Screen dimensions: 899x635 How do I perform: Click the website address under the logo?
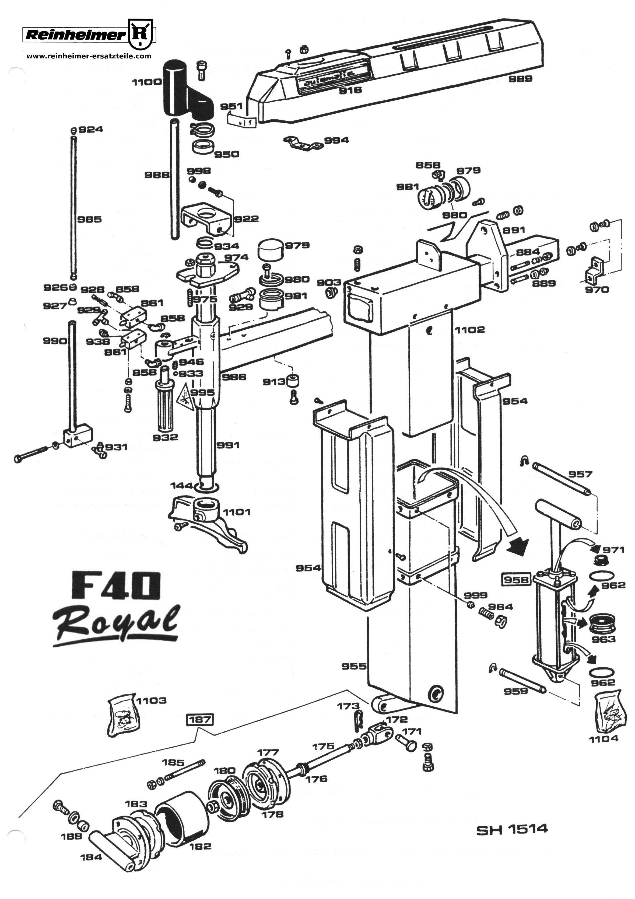coord(89,56)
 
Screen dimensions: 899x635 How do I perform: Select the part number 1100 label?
coord(146,82)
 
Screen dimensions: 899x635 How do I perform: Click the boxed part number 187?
coord(201,719)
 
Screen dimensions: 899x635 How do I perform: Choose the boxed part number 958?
coord(516,580)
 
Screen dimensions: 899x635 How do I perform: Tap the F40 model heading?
coord(116,586)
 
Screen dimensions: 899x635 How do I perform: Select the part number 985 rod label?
coord(89,219)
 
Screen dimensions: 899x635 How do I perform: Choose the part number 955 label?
coord(354,666)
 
